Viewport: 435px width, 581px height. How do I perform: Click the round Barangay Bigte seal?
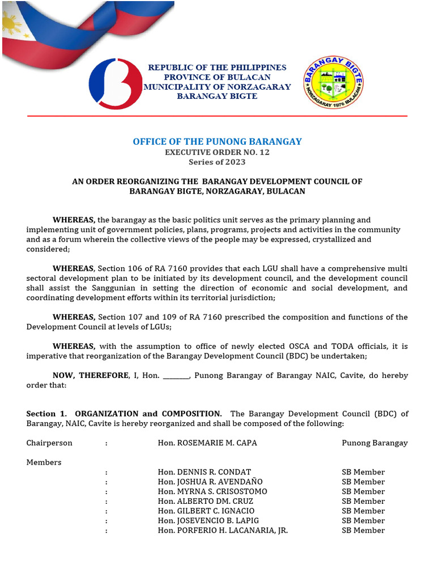334,83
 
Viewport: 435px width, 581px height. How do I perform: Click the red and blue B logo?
116,83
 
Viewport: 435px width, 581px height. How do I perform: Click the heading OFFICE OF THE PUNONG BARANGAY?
217,142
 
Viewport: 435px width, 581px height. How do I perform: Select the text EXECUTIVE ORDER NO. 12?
217,152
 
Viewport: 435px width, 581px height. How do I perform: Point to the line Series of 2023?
217,162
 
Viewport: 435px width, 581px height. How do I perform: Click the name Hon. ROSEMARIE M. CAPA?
207,443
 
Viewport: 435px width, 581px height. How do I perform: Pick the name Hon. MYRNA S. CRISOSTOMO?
212,491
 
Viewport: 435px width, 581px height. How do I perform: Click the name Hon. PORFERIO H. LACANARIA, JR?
223,530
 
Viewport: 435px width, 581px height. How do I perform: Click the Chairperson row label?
49,443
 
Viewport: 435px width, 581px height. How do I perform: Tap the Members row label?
44,462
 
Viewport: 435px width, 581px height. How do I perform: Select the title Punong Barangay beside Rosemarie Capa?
374,443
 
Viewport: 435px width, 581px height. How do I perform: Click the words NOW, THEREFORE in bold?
91,376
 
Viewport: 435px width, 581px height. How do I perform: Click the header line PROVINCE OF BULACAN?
217,77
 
